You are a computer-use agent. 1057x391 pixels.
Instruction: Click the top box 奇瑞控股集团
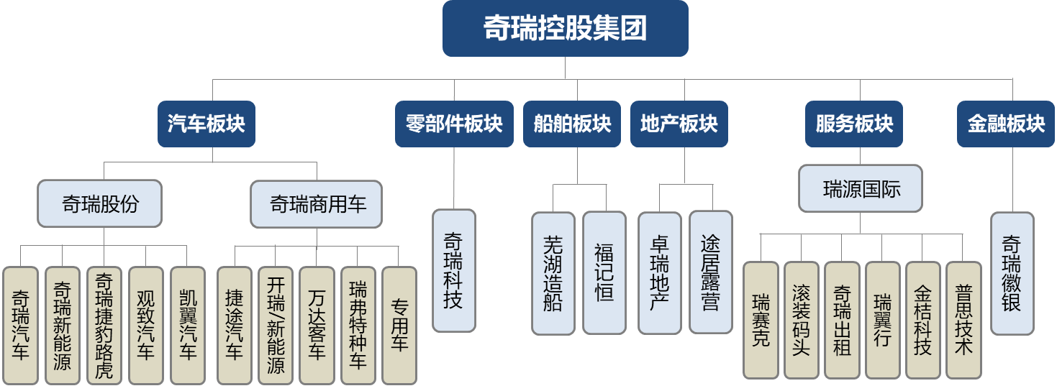click(x=565, y=29)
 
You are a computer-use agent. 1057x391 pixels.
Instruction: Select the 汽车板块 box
click(x=207, y=124)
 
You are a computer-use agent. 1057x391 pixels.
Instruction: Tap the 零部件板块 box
click(x=454, y=124)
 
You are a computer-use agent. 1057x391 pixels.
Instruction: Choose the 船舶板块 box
click(x=572, y=124)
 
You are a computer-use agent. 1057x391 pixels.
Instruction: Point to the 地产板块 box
click(x=679, y=124)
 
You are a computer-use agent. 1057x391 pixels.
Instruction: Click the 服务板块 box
click(x=854, y=124)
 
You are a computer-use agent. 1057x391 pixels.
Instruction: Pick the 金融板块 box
click(x=1006, y=124)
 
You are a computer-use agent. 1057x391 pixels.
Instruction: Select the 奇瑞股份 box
click(x=100, y=204)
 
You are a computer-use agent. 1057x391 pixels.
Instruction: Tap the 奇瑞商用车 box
click(x=317, y=204)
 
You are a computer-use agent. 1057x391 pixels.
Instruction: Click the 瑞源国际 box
click(x=861, y=189)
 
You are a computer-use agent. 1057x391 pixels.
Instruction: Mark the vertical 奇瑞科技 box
click(x=454, y=270)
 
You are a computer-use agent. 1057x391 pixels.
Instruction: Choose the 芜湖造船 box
click(x=553, y=273)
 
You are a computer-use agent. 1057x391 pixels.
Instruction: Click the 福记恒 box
click(x=604, y=273)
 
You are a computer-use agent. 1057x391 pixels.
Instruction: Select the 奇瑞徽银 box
click(x=1012, y=273)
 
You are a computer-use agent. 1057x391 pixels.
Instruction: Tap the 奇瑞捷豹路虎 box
click(x=104, y=326)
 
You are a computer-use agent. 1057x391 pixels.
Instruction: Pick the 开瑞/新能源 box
click(x=276, y=326)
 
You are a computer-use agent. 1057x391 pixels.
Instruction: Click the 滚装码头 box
click(x=801, y=320)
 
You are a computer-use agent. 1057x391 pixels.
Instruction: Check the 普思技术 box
click(x=963, y=320)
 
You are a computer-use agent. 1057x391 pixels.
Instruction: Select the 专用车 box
click(x=399, y=326)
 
